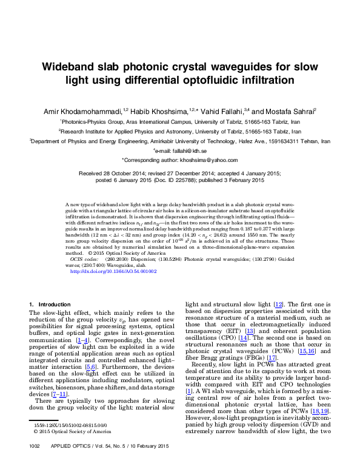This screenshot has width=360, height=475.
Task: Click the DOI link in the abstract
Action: (113, 272)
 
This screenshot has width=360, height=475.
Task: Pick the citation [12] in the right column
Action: (278, 303)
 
